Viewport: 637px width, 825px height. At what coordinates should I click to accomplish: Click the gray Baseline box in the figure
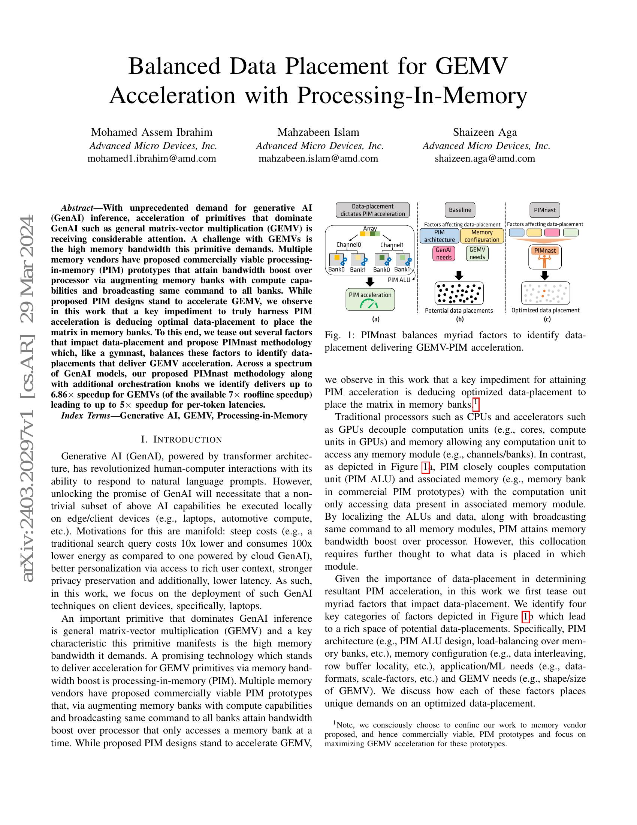[x=460, y=210]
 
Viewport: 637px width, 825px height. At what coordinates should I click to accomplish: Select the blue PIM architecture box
[x=439, y=236]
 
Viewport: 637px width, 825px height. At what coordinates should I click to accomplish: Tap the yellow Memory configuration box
[x=482, y=236]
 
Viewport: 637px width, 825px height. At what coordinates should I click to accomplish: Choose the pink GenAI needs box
[x=444, y=253]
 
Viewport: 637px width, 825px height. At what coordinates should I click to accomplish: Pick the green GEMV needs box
[x=477, y=253]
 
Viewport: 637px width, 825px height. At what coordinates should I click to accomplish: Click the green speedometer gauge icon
[x=368, y=304]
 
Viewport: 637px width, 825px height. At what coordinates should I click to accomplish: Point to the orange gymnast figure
[x=544, y=260]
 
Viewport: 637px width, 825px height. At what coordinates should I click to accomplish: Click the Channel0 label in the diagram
[x=348, y=245]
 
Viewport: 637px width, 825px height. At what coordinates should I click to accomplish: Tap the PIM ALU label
[x=399, y=280]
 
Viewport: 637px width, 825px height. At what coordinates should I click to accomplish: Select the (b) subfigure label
[x=460, y=319]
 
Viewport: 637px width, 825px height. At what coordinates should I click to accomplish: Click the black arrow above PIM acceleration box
[x=370, y=282]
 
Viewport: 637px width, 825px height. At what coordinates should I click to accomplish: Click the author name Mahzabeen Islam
[x=318, y=132]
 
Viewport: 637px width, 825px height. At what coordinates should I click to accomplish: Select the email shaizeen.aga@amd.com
[x=484, y=158]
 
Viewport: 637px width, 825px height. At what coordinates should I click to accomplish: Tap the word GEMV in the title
[x=471, y=66]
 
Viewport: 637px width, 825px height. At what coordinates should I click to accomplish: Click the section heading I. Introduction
[x=181, y=439]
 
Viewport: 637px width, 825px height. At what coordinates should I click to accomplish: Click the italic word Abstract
[x=77, y=208]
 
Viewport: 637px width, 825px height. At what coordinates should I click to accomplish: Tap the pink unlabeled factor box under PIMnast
[x=552, y=233]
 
